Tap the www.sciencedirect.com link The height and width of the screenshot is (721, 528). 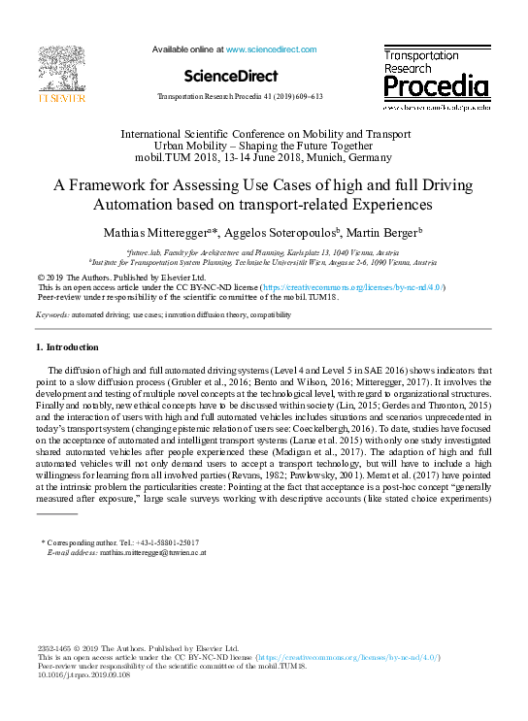coord(271,49)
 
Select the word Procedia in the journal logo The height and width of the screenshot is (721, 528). coord(436,88)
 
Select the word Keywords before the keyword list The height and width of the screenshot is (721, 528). coord(52,315)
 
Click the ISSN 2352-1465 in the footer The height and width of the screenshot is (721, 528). coord(57,647)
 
